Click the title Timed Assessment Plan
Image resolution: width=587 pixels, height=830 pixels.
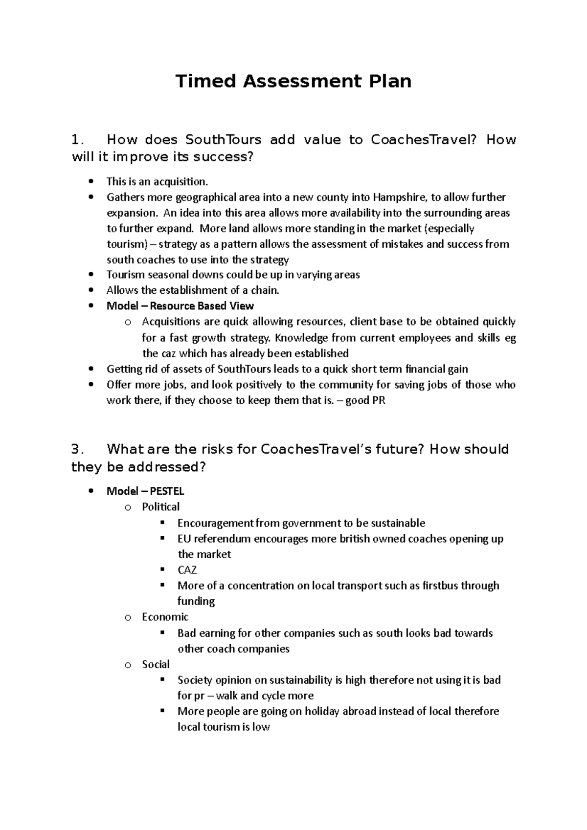(293, 81)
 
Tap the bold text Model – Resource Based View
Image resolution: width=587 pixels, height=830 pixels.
(180, 306)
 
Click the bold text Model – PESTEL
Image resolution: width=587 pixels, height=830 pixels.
(145, 491)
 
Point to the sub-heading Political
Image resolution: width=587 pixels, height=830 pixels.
(160, 507)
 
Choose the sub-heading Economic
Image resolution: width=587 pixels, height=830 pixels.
(165, 617)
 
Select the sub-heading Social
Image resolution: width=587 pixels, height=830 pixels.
(156, 664)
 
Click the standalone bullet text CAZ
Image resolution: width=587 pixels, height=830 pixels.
(187, 570)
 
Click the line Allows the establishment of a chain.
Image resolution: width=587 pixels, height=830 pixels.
(193, 290)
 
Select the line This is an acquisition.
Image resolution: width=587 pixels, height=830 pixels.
(157, 182)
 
